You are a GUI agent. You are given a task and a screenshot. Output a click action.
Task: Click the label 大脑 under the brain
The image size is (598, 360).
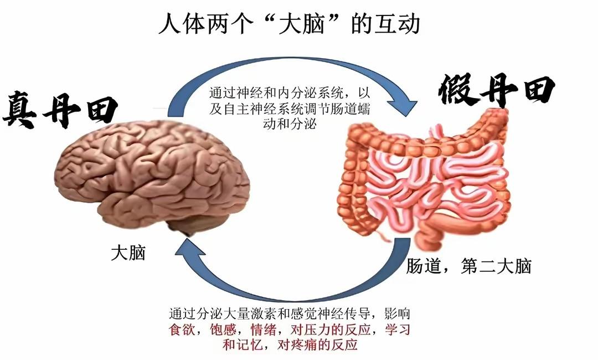tap(128, 254)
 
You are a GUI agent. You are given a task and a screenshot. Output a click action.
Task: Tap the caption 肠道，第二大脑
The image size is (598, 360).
tap(468, 266)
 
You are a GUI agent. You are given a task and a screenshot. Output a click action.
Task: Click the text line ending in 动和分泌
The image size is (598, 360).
tap(290, 124)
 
